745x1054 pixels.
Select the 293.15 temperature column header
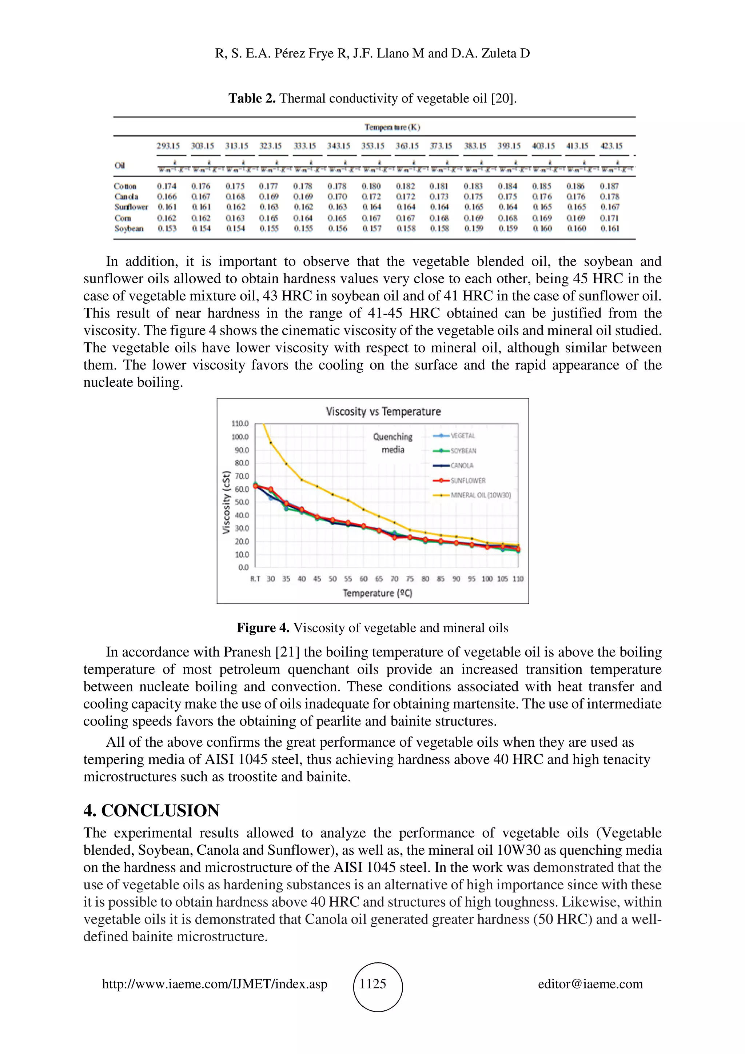[x=168, y=146]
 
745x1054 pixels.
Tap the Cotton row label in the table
[x=125, y=186]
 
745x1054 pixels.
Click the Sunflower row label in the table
[x=131, y=207]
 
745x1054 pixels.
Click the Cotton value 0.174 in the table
[x=167, y=186]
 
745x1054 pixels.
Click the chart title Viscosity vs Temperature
[x=383, y=411]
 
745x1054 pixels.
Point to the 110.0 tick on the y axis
[x=240, y=424]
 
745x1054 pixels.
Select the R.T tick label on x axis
[x=255, y=579]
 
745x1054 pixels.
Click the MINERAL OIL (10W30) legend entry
[x=480, y=495]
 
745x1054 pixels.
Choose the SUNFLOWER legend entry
[x=467, y=480]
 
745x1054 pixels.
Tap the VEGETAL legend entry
[x=462, y=436]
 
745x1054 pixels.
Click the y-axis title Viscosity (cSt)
[x=226, y=502]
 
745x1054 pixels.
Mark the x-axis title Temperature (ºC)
[x=377, y=593]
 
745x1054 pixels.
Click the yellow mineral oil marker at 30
[x=271, y=443]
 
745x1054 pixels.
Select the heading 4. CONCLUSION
[x=151, y=810]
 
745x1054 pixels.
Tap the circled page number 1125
[x=373, y=984]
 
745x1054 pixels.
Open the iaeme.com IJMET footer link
[x=214, y=984]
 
